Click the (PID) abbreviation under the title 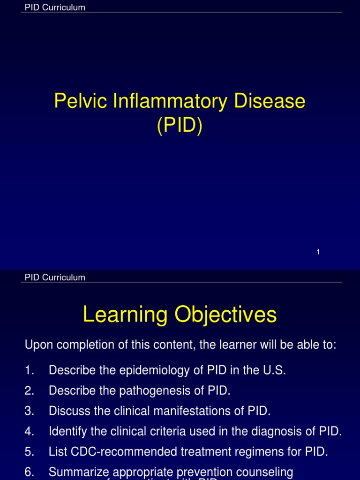pos(180,126)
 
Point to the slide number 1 pos(318,252)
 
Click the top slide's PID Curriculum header pos(55,7)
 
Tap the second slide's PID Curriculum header pos(55,277)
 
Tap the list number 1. pos(29,370)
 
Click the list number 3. pos(29,411)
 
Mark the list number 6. pos(29,472)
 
